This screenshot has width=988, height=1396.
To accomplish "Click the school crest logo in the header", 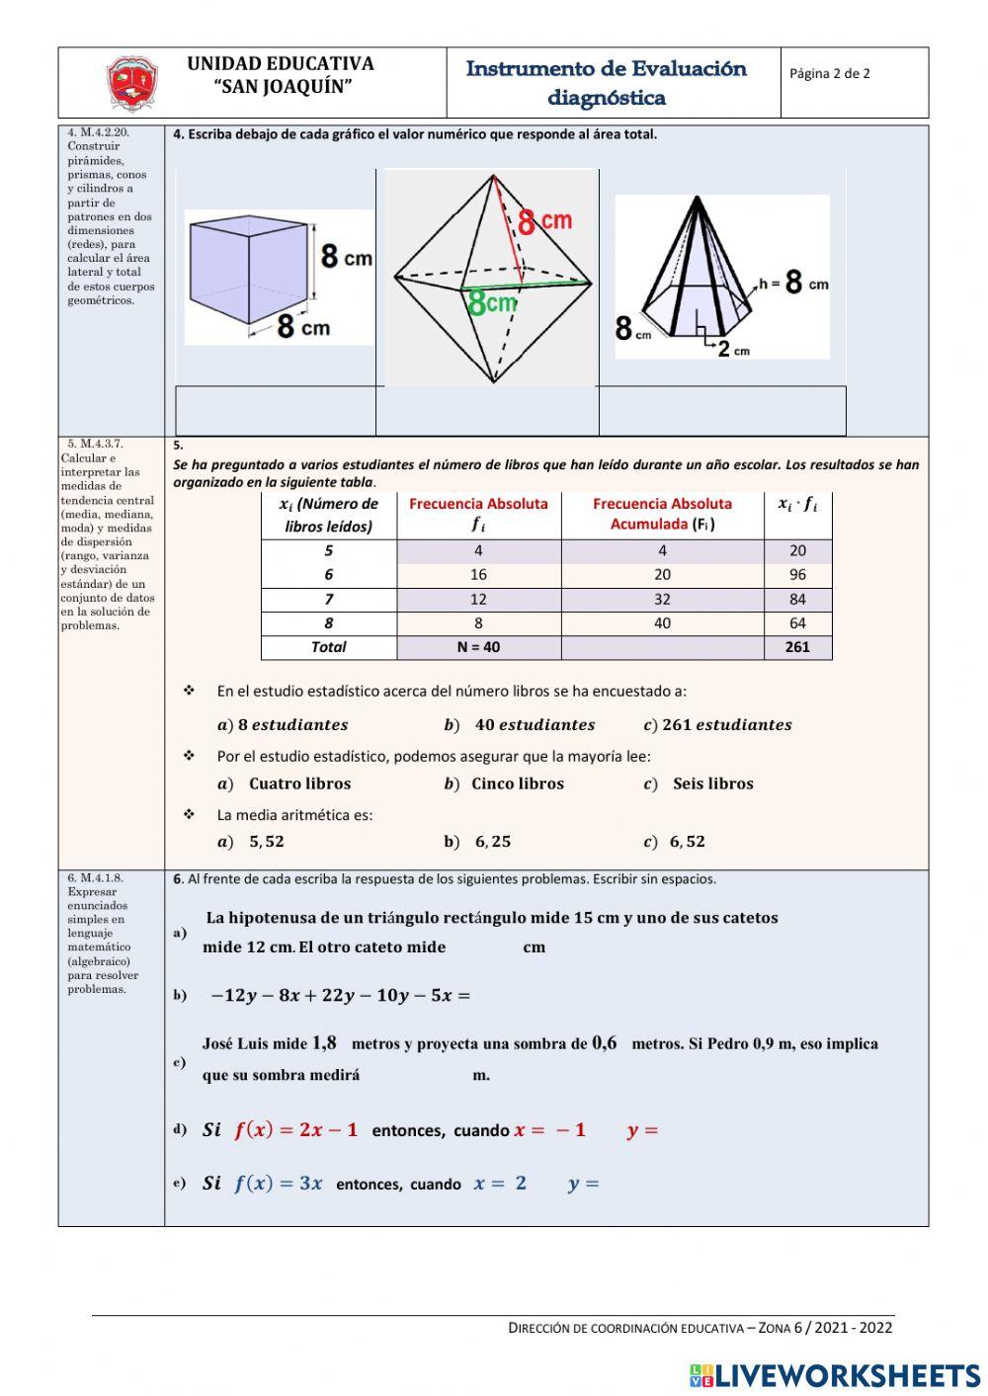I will [132, 84].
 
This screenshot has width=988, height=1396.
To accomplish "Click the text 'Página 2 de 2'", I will [830, 73].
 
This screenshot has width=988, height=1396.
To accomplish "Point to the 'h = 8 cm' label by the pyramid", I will [794, 283].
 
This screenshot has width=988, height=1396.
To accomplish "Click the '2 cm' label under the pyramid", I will [732, 349].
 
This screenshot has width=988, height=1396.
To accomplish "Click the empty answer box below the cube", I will [276, 410].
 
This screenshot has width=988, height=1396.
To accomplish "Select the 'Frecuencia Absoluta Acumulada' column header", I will [662, 514].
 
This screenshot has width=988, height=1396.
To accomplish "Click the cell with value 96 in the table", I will [797, 575].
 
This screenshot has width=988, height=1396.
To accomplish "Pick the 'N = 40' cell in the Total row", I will [478, 647].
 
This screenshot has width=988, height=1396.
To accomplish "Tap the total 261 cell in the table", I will [797, 647].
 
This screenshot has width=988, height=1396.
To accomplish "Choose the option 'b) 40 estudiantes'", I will [521, 725].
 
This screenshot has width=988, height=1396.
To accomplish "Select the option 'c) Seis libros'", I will [700, 783].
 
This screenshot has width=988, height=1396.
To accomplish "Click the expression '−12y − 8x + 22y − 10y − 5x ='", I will [340, 996].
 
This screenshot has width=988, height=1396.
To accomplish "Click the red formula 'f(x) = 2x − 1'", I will [295, 1130].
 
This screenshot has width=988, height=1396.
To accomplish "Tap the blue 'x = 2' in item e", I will [500, 1184].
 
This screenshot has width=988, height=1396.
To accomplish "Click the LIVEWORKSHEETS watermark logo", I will [835, 1375].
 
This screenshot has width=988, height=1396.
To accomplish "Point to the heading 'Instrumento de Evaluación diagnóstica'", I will [607, 83].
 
